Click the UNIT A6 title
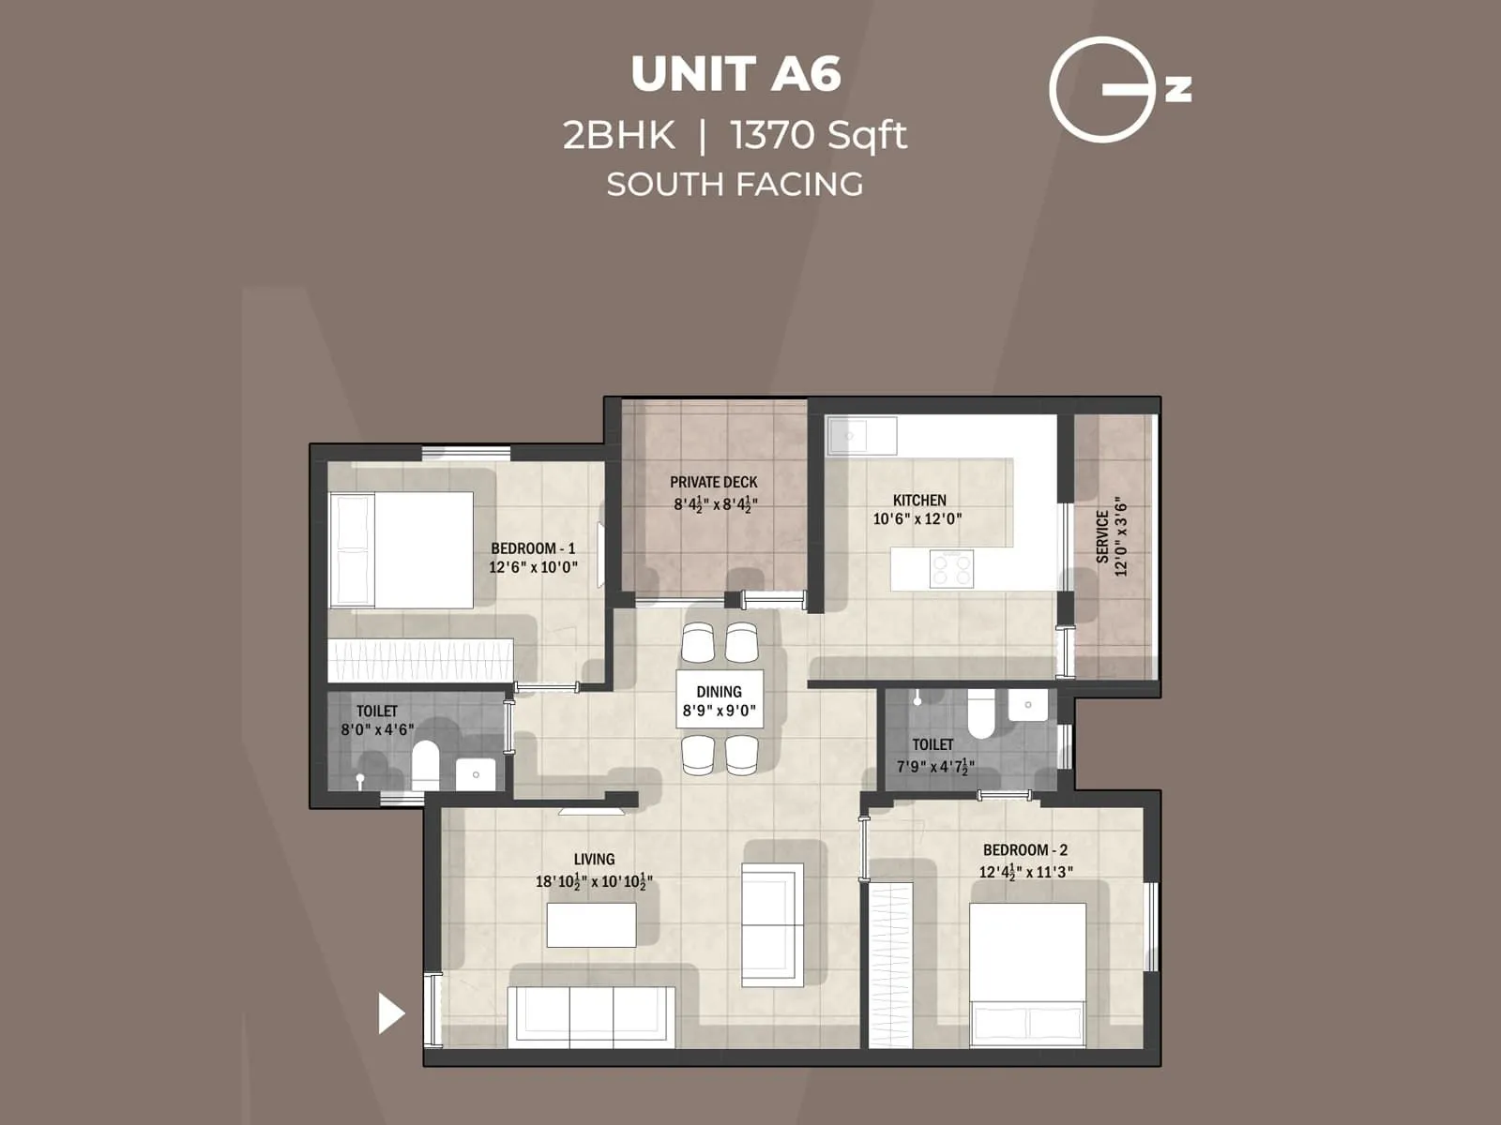[735, 74]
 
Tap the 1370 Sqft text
[818, 136]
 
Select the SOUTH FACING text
[735, 184]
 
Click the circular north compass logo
[1103, 90]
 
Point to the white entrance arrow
[390, 1013]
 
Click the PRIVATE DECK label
[713, 482]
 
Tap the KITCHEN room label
[918, 500]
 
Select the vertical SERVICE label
[1102, 536]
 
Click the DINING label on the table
[719, 692]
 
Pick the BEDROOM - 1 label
[533, 548]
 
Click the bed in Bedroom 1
[402, 549]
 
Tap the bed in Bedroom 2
[1027, 973]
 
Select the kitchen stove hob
[951, 568]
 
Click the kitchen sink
[860, 436]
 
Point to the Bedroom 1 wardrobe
[420, 660]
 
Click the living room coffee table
[591, 924]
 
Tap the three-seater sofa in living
[591, 1016]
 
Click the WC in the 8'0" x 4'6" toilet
[425, 765]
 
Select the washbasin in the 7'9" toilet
[1028, 705]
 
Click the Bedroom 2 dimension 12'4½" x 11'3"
[1025, 872]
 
